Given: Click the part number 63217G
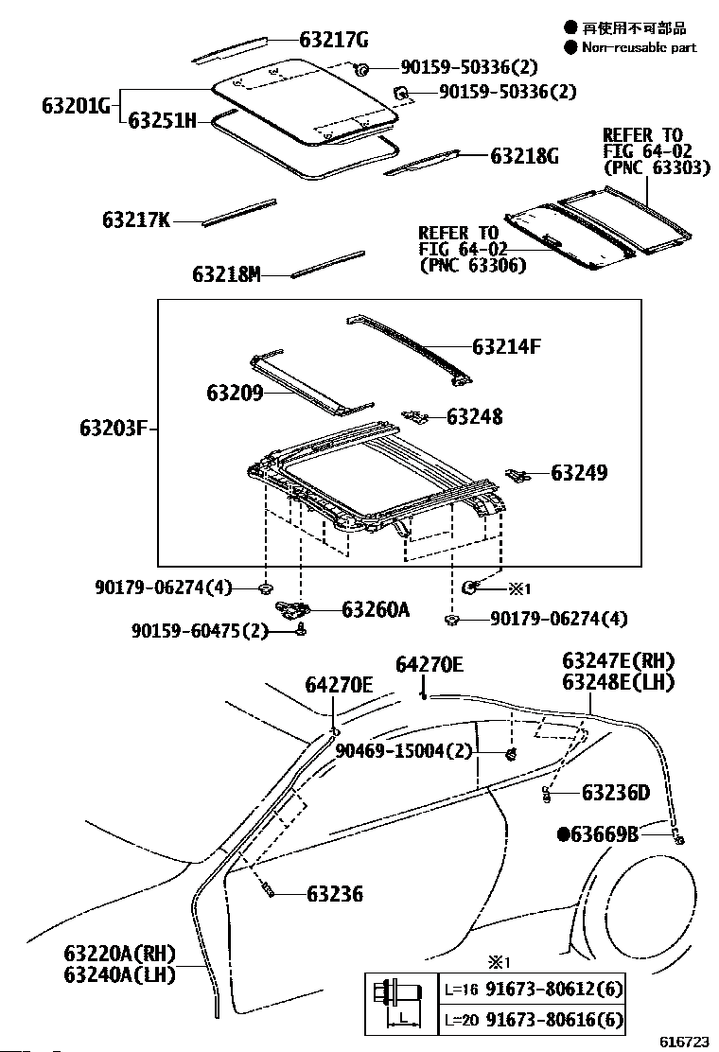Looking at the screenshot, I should click(x=333, y=40).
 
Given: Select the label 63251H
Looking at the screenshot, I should click(x=162, y=120).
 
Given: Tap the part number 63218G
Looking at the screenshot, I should click(x=524, y=156).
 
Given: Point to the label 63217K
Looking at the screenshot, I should click(x=136, y=220).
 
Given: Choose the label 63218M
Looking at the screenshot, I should click(x=226, y=274).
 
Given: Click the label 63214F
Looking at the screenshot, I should click(x=506, y=347).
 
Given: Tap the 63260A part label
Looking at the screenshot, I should click(x=376, y=610).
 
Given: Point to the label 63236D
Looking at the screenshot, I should click(x=616, y=792).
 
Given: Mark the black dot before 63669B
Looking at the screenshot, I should click(x=564, y=833).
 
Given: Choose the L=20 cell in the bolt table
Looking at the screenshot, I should click(x=461, y=1019).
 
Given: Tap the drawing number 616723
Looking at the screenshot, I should click(x=684, y=1042).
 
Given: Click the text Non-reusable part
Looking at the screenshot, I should click(x=639, y=47).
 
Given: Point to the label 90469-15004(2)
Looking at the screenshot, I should click(x=403, y=750).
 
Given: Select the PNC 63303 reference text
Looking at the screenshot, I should click(x=643, y=167).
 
